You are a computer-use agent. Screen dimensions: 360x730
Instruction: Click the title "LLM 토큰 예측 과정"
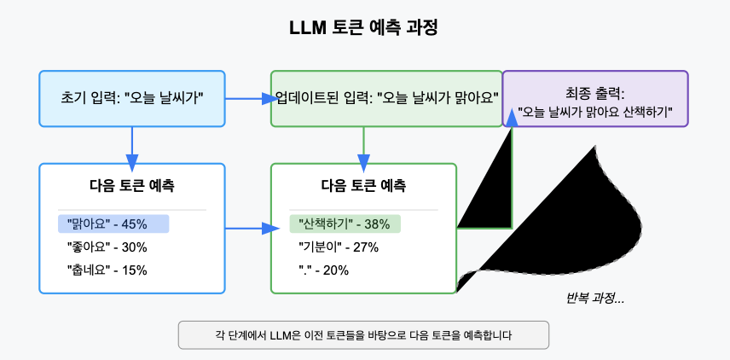pos(364,27)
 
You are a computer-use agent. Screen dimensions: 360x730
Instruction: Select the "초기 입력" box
pos(132,98)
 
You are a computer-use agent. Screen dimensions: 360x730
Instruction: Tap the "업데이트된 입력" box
pos(386,98)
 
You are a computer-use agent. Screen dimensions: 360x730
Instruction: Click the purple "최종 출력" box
pos(595,98)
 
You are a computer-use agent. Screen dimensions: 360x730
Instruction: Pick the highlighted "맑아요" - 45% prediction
pos(113,224)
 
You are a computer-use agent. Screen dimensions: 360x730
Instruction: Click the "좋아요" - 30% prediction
pos(107,247)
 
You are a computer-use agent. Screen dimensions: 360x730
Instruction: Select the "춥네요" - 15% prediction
pos(107,270)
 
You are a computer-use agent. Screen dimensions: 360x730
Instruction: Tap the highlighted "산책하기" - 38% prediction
pos(345,224)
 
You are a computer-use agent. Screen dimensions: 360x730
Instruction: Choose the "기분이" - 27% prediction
pos(339,247)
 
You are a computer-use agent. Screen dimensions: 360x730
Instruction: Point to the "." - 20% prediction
pos(324,270)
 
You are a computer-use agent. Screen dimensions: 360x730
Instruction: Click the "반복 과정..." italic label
pos(595,299)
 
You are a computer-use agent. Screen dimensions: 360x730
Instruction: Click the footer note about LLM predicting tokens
pos(363,334)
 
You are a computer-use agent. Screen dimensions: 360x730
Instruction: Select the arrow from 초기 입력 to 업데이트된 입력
pos(247,99)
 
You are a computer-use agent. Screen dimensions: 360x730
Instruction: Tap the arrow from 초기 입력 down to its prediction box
pos(132,145)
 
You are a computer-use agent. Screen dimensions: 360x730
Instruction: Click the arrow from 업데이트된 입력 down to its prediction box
pos(364,145)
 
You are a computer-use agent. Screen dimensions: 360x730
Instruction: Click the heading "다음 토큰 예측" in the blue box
pos(132,185)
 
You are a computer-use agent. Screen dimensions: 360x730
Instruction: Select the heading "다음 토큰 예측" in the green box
pos(364,185)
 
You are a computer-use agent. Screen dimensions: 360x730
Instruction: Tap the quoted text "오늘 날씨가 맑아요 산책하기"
pos(595,112)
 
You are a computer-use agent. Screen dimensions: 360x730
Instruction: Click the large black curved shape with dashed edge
pos(580,222)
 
